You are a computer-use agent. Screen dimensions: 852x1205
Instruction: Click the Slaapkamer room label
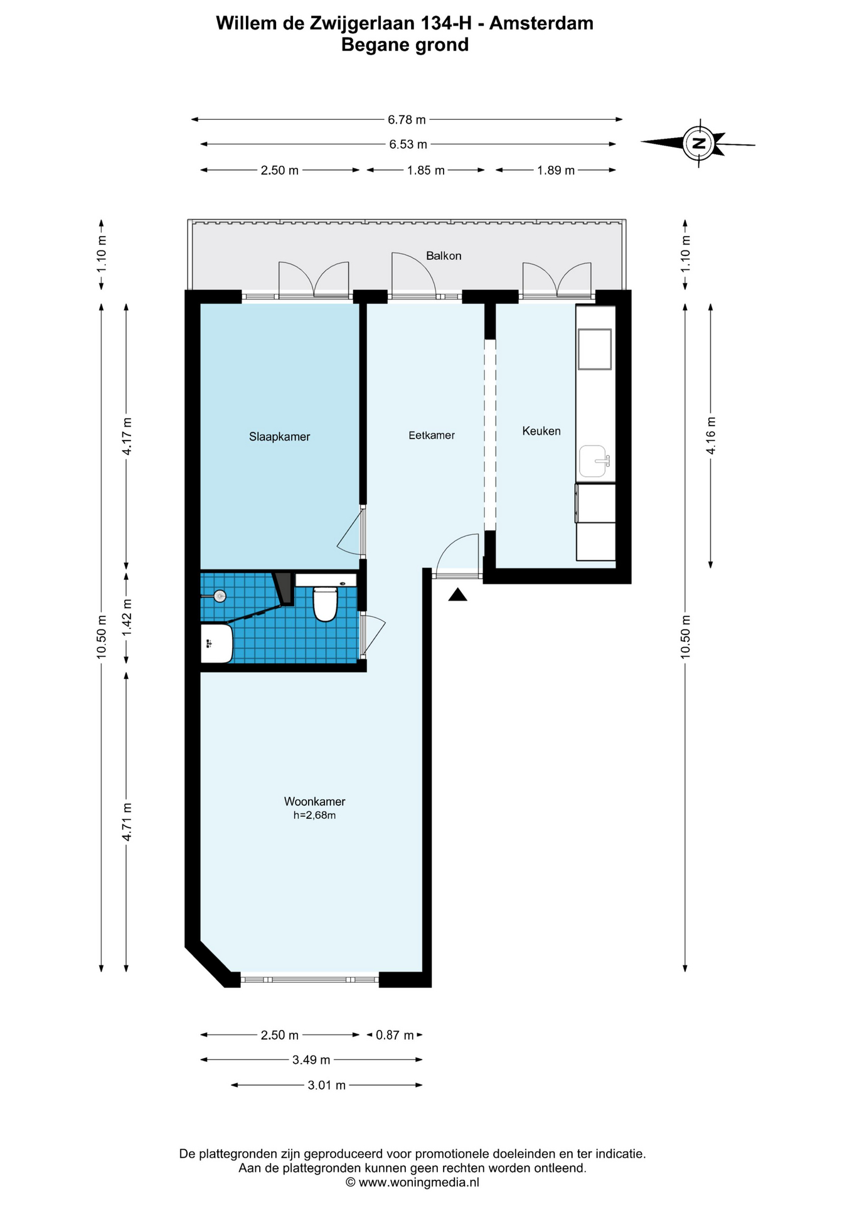pyautogui.click(x=279, y=437)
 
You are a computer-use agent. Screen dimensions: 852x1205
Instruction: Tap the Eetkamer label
pyautogui.click(x=432, y=435)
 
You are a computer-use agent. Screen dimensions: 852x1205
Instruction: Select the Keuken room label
pyautogui.click(x=541, y=431)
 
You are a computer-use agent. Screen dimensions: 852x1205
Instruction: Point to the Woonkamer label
pyautogui.click(x=314, y=801)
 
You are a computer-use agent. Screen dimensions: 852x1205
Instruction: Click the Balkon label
pyautogui.click(x=444, y=255)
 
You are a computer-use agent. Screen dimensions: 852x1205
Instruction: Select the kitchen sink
pyautogui.click(x=594, y=461)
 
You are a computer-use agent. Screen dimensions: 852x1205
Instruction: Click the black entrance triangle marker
pyautogui.click(x=458, y=594)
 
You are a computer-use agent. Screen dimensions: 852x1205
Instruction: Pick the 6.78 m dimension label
pyautogui.click(x=407, y=119)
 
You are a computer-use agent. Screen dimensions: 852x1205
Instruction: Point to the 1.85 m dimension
pyautogui.click(x=426, y=170)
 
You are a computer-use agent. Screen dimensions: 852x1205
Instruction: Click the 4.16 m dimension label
pyautogui.click(x=711, y=436)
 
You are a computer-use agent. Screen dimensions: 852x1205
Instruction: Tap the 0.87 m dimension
pyautogui.click(x=395, y=1035)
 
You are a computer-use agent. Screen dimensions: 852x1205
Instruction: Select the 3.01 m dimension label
pyautogui.click(x=326, y=1085)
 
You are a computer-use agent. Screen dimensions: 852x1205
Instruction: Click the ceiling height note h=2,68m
pyautogui.click(x=314, y=815)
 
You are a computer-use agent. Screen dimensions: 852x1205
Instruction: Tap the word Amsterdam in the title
pyautogui.click(x=541, y=23)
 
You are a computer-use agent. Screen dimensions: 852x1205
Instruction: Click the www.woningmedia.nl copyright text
pyautogui.click(x=412, y=1182)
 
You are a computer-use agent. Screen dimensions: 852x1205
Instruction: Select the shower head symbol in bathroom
pyautogui.click(x=220, y=596)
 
